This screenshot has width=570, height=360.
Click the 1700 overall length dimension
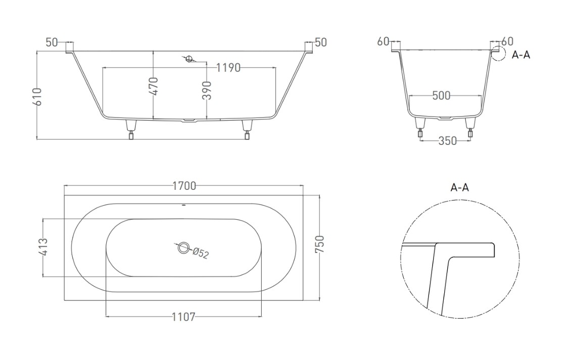184,186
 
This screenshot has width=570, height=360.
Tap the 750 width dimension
319,244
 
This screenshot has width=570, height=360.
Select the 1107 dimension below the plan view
183,317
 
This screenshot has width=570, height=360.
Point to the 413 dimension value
43,247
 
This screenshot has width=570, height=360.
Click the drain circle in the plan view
183,248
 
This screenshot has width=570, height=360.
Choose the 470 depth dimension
154,86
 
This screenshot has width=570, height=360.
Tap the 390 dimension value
207,90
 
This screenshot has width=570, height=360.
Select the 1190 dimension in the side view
228,68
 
